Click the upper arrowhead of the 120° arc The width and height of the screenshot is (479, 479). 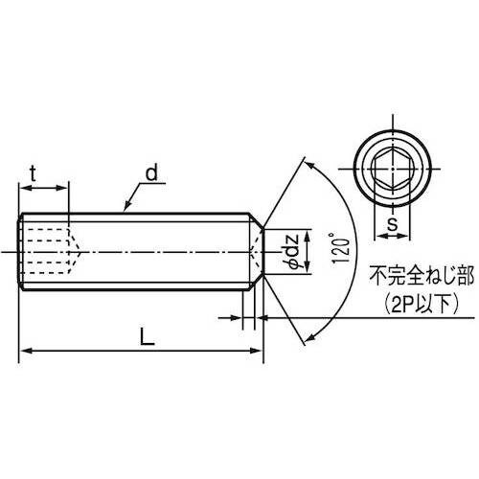pos(308,165)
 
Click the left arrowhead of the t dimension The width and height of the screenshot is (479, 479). pos(24,188)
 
